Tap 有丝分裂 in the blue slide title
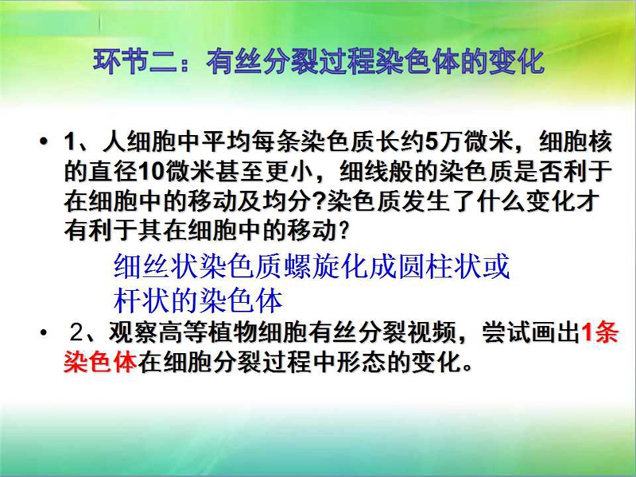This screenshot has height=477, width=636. point(262,62)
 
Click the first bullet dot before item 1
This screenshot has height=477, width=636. point(43,142)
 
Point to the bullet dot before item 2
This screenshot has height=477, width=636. point(44,333)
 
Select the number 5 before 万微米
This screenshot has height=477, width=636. point(431,142)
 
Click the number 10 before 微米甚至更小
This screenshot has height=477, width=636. point(151,173)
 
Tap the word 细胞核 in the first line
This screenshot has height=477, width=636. point(575,142)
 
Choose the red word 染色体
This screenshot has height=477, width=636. point(100,362)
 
